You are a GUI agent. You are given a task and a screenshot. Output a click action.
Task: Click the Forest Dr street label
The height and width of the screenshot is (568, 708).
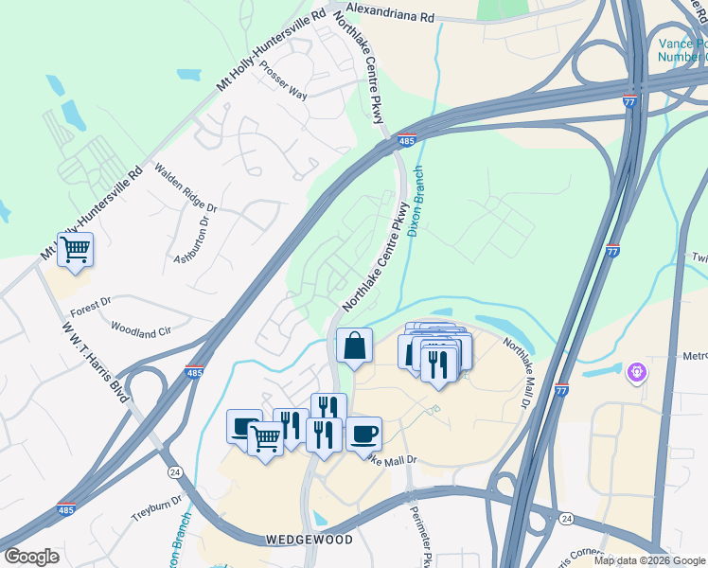click(91, 306)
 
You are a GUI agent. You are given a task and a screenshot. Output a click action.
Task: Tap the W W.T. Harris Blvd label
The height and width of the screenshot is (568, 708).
click(95, 364)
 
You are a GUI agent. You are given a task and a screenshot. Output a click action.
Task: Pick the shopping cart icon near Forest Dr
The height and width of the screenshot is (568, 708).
click(75, 250)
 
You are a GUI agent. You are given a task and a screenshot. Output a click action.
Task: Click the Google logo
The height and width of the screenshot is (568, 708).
click(31, 557)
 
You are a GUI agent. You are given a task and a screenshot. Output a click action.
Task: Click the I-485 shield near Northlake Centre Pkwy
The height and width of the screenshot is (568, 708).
click(407, 140)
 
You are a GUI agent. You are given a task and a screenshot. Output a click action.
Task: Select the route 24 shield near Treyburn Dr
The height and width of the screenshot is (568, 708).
click(174, 471)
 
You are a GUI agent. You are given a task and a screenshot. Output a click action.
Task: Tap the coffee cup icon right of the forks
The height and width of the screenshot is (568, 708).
click(363, 435)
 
